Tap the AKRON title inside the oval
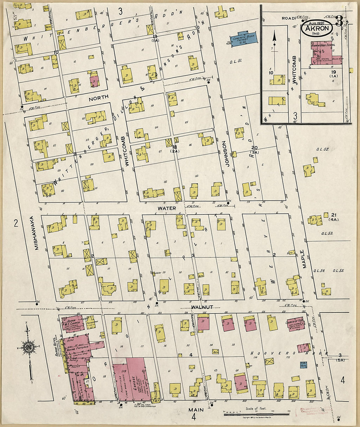tap(316, 28)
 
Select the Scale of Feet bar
tap(256, 414)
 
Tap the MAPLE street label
tap(305, 259)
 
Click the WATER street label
tap(167, 208)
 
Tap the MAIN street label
tap(196, 409)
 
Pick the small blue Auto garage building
tap(303, 364)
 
